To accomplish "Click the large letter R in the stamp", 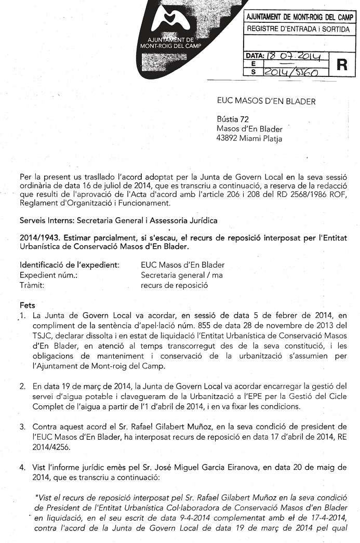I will click(x=341, y=64).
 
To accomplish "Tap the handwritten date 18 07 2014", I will click(x=295, y=56).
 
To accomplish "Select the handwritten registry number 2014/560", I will click(x=291, y=73).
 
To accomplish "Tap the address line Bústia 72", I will click(x=232, y=120).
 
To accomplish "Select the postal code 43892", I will click(x=227, y=138).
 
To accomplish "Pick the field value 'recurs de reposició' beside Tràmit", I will click(x=174, y=285).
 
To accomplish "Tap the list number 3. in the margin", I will click(x=22, y=428).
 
